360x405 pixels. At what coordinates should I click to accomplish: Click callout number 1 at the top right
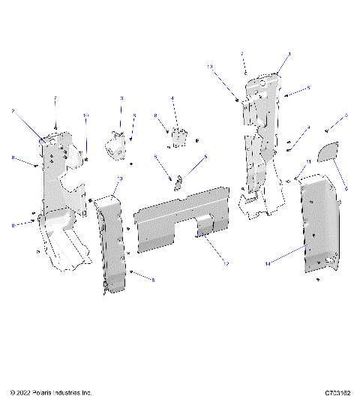(x=289, y=55)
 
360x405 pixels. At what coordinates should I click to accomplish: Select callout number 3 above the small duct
(x=121, y=98)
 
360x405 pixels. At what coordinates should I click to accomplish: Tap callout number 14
(x=267, y=263)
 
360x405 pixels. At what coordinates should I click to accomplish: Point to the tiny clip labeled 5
(x=179, y=181)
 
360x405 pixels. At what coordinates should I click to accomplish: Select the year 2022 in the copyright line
(x=23, y=392)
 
